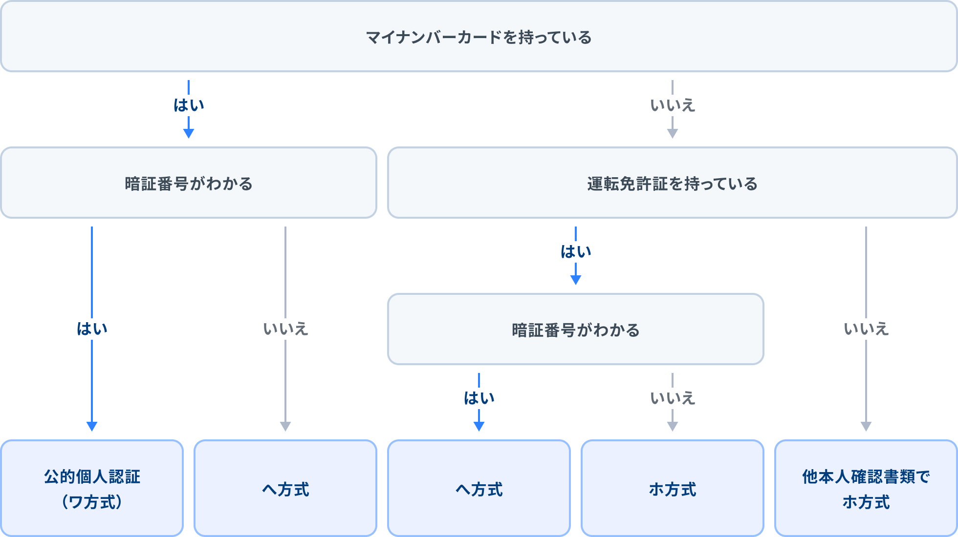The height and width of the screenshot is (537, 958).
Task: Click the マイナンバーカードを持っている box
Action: point(479,37)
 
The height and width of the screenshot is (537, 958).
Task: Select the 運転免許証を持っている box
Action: point(673,183)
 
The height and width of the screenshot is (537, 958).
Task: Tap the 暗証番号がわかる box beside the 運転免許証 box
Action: point(189,183)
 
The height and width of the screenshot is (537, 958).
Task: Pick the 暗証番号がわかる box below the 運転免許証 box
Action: point(576,329)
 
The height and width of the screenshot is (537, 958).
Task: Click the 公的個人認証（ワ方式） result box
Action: point(92,488)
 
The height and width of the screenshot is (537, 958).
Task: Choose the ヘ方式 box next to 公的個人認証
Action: point(285,488)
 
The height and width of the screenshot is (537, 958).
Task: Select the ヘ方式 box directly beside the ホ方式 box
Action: point(479,488)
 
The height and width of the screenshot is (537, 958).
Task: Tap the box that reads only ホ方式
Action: point(673,488)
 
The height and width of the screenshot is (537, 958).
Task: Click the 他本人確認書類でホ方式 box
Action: point(866,488)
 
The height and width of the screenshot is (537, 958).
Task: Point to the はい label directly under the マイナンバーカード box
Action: point(189,105)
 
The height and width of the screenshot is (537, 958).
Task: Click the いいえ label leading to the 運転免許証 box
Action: point(673,105)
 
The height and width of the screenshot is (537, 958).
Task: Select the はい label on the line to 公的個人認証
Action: point(92,329)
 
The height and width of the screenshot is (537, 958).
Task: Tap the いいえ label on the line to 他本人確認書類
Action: point(866,329)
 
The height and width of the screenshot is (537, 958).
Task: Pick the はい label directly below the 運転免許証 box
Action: point(576,251)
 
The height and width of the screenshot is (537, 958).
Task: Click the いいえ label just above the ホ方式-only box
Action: point(673,398)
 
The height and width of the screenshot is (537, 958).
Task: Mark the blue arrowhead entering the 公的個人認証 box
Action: point(92,426)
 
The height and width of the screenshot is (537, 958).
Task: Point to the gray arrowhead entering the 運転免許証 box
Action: point(673,133)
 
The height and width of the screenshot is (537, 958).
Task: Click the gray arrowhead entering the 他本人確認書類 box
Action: point(866,426)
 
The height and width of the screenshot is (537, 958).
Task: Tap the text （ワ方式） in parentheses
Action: point(92,502)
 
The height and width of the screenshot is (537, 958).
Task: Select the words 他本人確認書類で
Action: point(866,476)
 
